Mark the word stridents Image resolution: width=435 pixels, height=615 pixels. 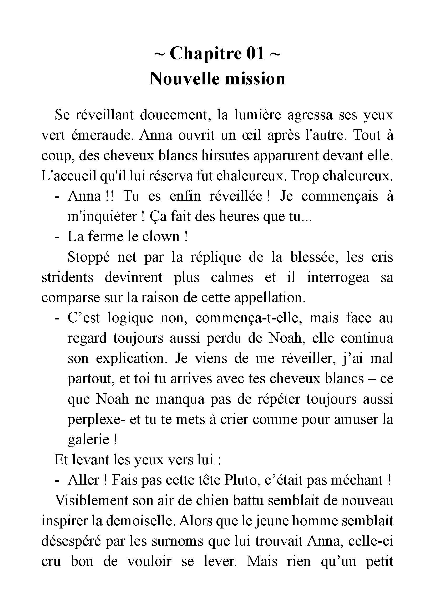[x=67, y=277]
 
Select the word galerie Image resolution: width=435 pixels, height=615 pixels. [x=88, y=440]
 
